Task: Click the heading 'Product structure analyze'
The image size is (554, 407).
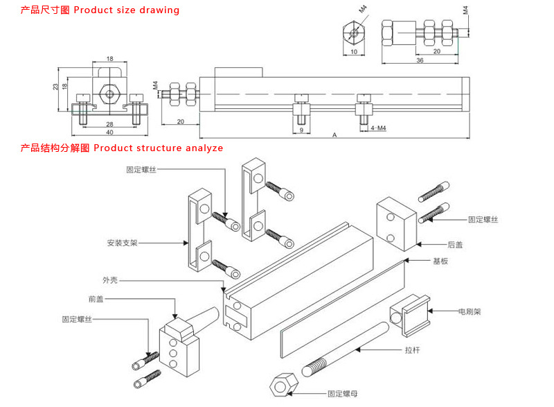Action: (x=158, y=148)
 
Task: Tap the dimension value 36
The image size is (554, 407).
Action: (x=420, y=60)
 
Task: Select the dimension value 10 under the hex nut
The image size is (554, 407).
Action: (x=352, y=52)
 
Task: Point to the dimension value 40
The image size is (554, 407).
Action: (x=109, y=132)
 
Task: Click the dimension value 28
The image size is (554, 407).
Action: (x=109, y=123)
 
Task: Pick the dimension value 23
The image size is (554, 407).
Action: (x=55, y=87)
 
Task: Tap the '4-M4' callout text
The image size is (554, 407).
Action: (x=378, y=128)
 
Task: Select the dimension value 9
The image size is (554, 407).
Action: (x=301, y=130)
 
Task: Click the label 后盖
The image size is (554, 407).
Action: (x=455, y=245)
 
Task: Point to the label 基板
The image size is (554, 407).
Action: (x=440, y=261)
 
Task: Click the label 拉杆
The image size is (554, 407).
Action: (x=413, y=350)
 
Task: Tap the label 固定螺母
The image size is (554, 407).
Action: (x=342, y=393)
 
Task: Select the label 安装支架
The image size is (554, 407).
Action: (x=123, y=243)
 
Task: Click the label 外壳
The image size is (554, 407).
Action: (x=110, y=280)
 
